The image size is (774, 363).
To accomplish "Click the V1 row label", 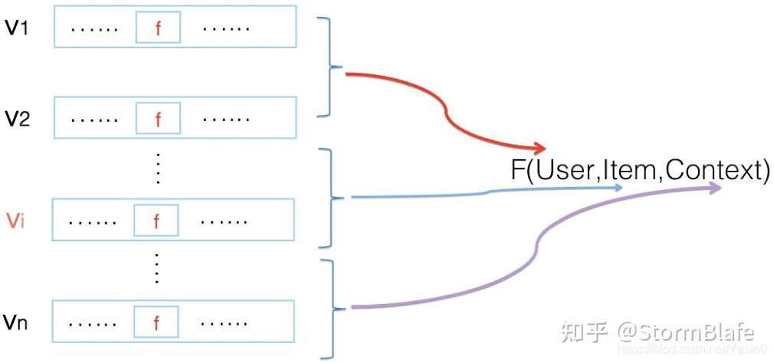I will tap(17, 29).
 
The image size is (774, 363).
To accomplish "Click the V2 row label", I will tap(17, 119).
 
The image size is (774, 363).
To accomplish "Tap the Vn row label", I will tap(17, 322).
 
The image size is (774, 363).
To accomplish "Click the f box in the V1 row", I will tap(158, 29).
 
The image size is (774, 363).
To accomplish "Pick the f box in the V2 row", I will tap(158, 119).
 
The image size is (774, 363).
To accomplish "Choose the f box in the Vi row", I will tap(156, 221).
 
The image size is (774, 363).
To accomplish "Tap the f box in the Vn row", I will tap(156, 322).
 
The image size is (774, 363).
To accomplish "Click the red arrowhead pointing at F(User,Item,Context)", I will tap(540, 147).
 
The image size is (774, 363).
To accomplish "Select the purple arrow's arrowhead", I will tap(716, 187).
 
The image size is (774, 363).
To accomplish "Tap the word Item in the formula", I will tap(631, 170).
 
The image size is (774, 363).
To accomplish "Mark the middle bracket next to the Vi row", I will tap(331, 198).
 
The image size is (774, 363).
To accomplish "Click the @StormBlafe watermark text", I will tap(686, 332).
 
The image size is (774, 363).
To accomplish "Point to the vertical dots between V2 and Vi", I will tap(158, 168).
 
